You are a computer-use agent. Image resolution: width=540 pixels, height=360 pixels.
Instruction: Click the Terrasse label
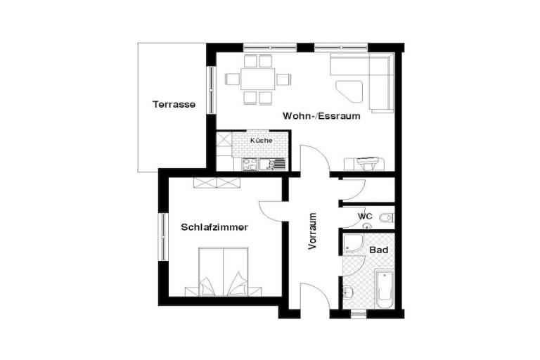tap(174, 104)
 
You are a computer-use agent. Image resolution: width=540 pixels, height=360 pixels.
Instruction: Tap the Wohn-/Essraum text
tap(321, 116)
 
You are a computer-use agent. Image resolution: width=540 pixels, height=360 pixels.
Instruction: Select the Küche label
tap(262, 141)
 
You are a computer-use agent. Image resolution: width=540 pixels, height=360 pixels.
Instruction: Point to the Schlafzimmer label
tap(214, 227)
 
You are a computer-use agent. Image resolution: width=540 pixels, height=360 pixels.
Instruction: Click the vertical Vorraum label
tap(312, 231)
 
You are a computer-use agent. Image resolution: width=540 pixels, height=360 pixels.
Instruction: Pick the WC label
tap(365, 217)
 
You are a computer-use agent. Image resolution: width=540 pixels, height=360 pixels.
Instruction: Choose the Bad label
tap(379, 250)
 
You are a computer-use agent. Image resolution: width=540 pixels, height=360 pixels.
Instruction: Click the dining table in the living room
tap(258, 79)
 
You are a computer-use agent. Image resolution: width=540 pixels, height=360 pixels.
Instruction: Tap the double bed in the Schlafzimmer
tap(223, 272)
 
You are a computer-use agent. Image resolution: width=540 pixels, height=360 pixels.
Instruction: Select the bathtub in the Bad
tap(385, 290)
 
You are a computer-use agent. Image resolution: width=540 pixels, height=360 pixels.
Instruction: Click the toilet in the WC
tap(386, 218)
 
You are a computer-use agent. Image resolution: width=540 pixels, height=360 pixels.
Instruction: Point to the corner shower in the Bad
tap(352, 243)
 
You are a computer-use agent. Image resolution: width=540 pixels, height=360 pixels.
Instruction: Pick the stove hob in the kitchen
tap(250, 165)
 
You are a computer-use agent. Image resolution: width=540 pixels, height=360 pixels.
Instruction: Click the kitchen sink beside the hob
tap(272, 165)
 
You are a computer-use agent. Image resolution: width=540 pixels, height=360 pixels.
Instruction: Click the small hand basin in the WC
tap(368, 226)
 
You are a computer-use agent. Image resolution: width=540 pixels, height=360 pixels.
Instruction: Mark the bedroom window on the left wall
tap(162, 237)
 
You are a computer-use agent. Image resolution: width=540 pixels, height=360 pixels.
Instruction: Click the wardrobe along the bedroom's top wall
tap(217, 183)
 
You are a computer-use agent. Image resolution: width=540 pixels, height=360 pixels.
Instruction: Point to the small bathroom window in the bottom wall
tap(359, 314)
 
